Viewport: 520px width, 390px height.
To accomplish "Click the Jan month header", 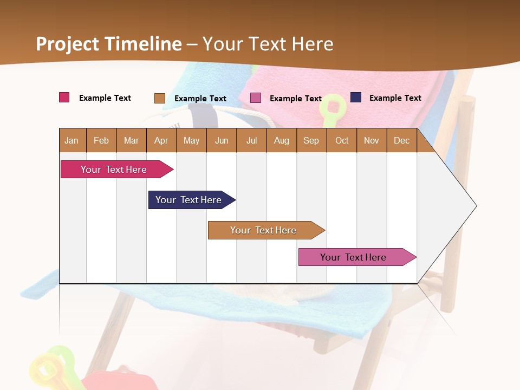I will [71, 141].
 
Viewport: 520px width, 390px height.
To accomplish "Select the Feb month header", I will [101, 141].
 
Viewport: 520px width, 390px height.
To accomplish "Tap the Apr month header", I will [161, 141].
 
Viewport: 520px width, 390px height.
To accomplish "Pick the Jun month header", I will [222, 141].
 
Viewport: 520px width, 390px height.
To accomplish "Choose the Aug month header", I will [281, 141].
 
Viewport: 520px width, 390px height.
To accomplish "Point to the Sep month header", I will [311, 141].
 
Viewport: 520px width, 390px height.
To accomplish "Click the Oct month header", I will [342, 141].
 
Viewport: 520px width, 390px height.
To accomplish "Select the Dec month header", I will [401, 141].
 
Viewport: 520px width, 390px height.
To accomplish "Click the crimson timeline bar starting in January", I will [114, 170].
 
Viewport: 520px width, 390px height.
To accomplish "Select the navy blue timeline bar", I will [188, 200].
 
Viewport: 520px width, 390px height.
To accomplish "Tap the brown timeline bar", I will [263, 230].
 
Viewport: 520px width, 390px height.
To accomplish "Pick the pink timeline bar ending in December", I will [353, 257].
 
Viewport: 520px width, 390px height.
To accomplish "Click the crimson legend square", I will [64, 97].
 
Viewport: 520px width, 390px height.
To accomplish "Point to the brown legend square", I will [160, 98].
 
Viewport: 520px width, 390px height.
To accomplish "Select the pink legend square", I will [256, 98].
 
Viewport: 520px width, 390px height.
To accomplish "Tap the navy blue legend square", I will [356, 97].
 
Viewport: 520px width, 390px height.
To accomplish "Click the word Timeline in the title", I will [143, 44].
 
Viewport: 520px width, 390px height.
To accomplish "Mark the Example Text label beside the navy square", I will [395, 98].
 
